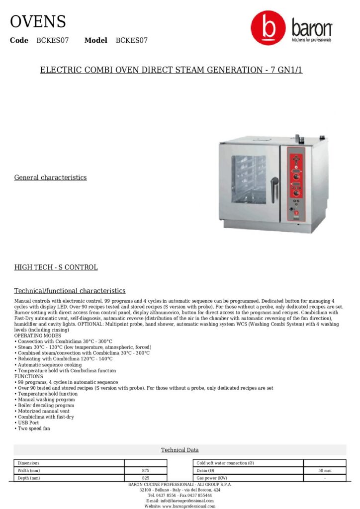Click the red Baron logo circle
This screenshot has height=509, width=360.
[269, 29]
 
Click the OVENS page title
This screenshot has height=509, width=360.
[38, 22]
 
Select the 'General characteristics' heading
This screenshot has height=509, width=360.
[50, 177]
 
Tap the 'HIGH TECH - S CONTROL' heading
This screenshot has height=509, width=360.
[56, 267]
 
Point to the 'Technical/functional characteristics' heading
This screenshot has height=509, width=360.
[70, 291]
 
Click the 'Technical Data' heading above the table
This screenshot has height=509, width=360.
[180, 450]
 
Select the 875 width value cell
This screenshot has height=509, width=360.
[145, 470]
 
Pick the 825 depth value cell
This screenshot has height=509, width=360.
[145, 478]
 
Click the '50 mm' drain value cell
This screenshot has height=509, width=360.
[324, 470]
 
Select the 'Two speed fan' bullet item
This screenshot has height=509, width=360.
[33, 428]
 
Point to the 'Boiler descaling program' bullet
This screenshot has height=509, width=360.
[46, 405]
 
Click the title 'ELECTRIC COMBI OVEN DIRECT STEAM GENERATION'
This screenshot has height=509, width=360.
[171, 70]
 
